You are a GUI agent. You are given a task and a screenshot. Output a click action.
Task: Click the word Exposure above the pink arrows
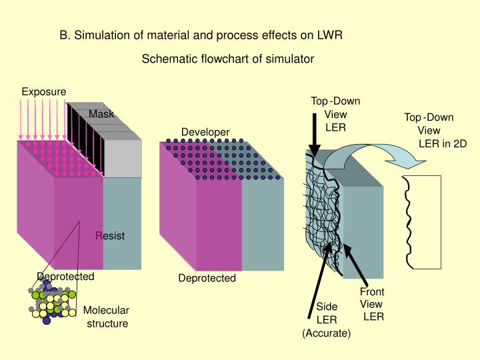[44, 91]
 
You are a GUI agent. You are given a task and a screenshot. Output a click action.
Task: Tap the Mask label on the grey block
[102, 114]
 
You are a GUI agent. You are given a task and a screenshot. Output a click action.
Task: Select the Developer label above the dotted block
[205, 132]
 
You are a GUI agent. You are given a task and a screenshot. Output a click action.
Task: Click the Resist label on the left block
[110, 235]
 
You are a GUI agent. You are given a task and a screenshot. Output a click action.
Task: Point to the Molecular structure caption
[106, 317]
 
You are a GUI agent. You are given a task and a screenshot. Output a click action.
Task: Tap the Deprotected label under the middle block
[207, 278]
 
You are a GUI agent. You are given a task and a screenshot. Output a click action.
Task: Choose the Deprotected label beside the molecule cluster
[65, 277]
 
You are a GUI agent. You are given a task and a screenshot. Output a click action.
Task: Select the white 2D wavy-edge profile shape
[424, 221]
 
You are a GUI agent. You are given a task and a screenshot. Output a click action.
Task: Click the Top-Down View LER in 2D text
[434, 130]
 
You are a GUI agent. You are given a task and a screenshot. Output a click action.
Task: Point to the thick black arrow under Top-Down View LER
[313, 133]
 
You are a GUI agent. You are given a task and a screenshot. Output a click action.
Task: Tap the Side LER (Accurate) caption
[327, 319]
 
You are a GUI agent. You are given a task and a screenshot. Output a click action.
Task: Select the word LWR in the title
[329, 35]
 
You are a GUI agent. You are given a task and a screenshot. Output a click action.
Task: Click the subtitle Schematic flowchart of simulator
[228, 59]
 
